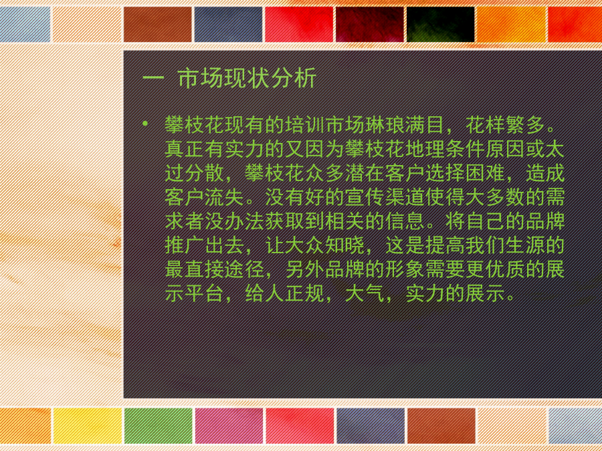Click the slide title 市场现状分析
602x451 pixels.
tap(247, 78)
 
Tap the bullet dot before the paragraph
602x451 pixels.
tap(144, 124)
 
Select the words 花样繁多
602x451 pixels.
tap(505, 125)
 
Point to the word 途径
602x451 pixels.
tap(244, 270)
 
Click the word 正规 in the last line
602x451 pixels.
tap(304, 294)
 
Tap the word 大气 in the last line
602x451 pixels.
tap(365, 294)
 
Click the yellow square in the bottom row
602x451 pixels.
tap(88, 426)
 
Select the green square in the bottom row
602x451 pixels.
tap(158, 426)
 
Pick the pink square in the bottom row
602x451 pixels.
tap(229, 426)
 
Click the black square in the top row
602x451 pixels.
tap(440, 24)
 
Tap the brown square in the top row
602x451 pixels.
tap(158, 24)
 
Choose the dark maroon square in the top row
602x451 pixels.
tap(370, 24)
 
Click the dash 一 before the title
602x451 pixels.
tap(153, 79)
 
